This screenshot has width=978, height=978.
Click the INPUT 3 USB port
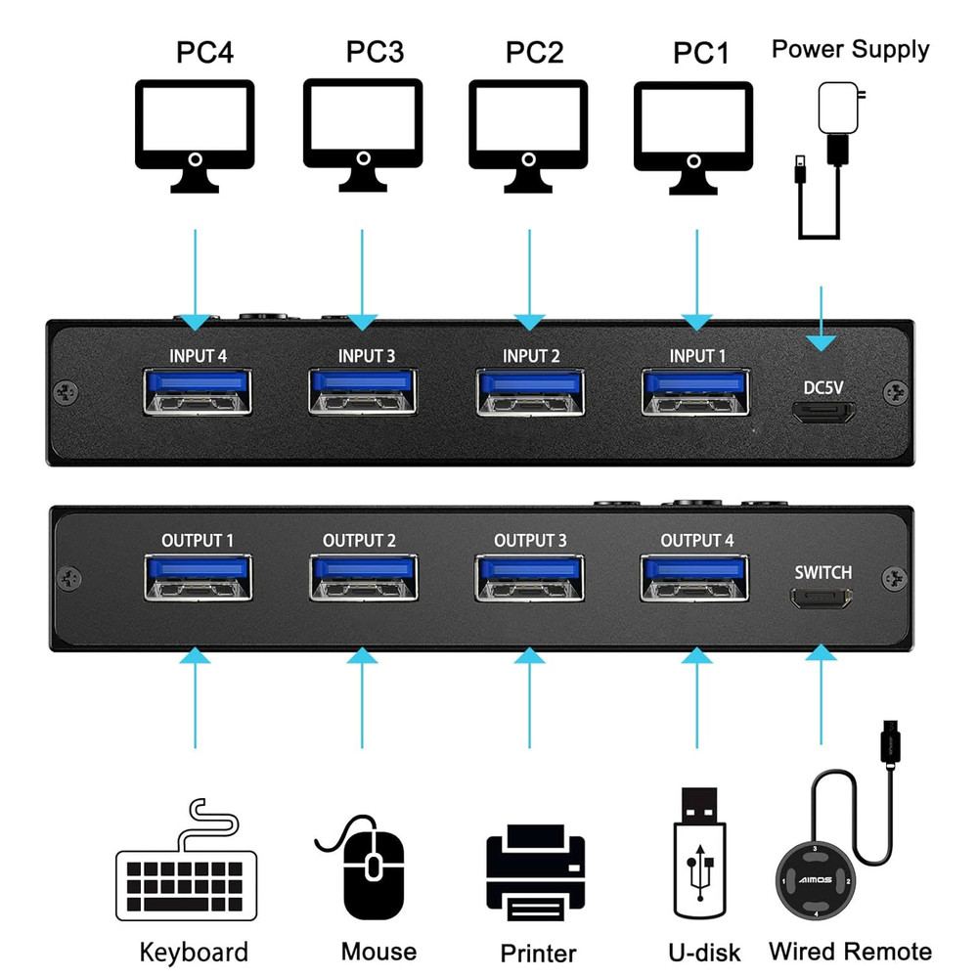point(363,390)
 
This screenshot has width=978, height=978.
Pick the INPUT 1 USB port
point(695,390)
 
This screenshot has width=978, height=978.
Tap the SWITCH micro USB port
point(822,599)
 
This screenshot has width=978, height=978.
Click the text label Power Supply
point(850,50)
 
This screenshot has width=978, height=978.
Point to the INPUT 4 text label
point(198,356)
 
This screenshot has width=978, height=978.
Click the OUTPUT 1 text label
point(198,541)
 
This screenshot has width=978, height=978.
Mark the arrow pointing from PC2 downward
point(529,279)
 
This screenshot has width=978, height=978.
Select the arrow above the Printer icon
point(529,699)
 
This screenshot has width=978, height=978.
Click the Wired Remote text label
point(850,951)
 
